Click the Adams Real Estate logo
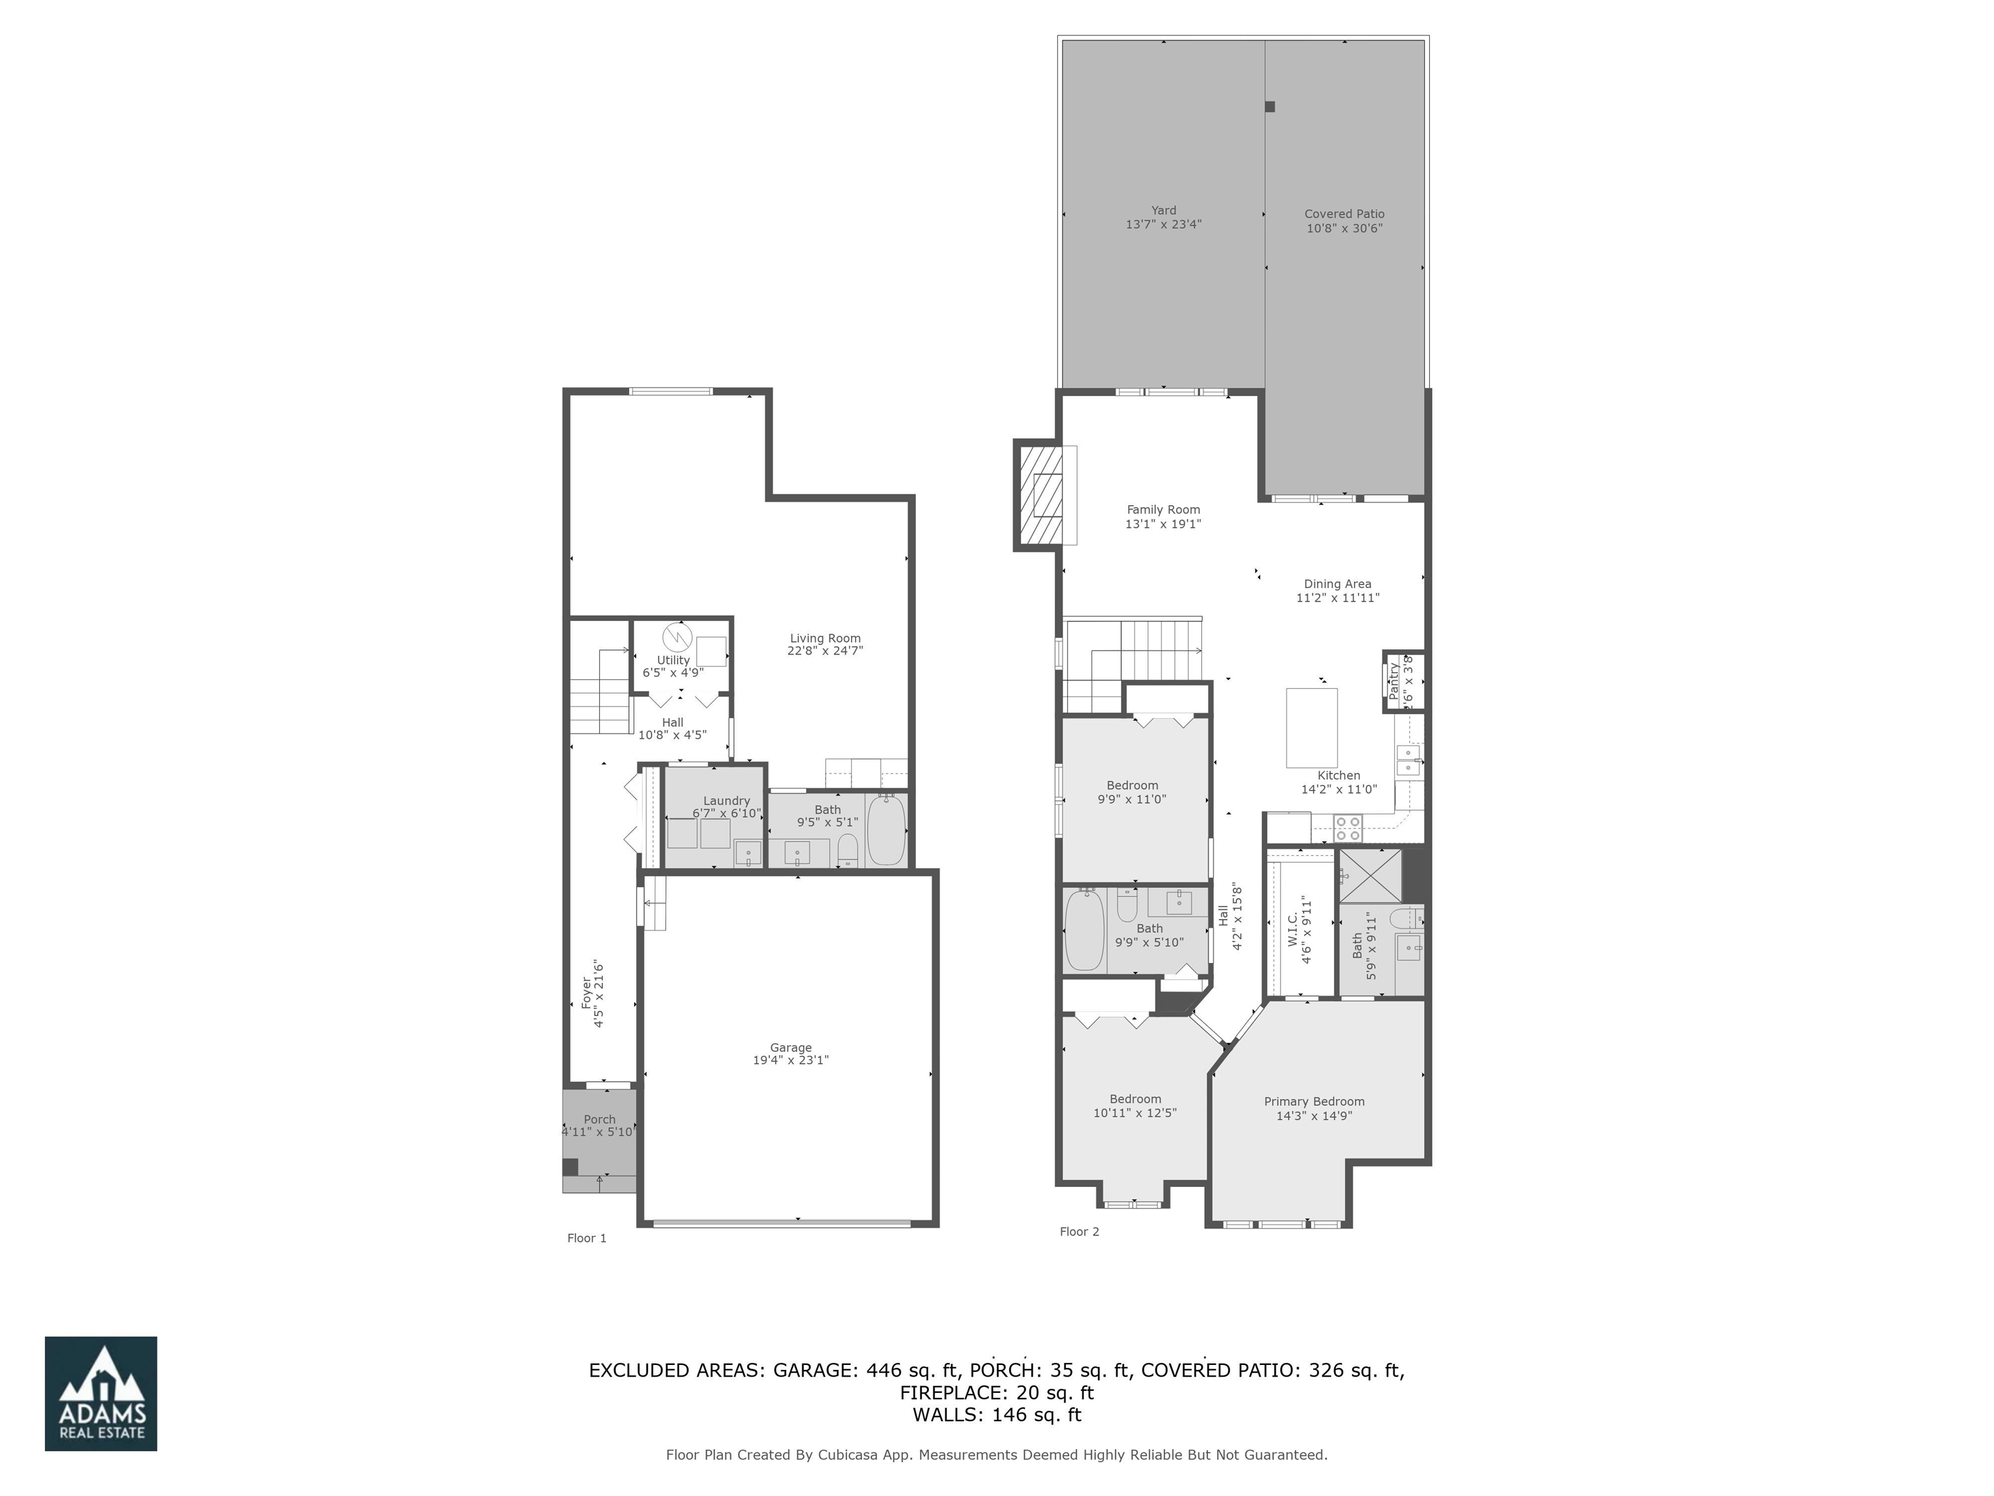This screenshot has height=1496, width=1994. coord(101,1393)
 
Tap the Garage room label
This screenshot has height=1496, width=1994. coord(791,1047)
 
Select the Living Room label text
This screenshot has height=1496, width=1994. coord(825,638)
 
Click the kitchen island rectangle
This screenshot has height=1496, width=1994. coord(1311,728)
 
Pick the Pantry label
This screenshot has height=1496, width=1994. coord(1394,681)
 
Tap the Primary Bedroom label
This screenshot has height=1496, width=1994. coord(1313,1101)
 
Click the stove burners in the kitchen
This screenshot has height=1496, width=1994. coord(1348,828)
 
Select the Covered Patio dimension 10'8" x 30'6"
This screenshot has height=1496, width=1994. coord(1344,228)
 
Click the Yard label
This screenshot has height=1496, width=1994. coord(1163,210)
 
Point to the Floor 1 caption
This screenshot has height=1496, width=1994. coord(587,1238)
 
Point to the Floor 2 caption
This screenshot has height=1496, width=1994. coord(1079,1232)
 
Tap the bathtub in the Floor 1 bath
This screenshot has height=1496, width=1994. coord(886,830)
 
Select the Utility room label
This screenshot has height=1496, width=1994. coord(673,660)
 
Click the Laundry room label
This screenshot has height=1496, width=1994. coord(726,801)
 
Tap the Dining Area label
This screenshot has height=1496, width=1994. coord(1337,584)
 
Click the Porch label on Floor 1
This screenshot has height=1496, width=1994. coord(600,1119)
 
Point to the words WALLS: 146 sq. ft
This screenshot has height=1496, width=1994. coord(996,1415)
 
